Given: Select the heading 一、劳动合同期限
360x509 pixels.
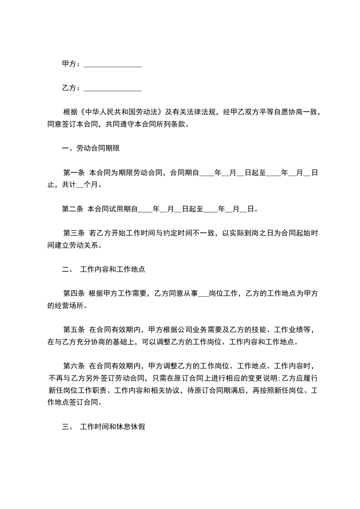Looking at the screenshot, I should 91,148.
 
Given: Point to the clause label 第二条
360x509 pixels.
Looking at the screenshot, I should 73,209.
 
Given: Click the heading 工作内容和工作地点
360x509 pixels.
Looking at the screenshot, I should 112,269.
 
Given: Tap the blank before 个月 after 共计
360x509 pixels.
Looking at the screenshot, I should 81,185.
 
